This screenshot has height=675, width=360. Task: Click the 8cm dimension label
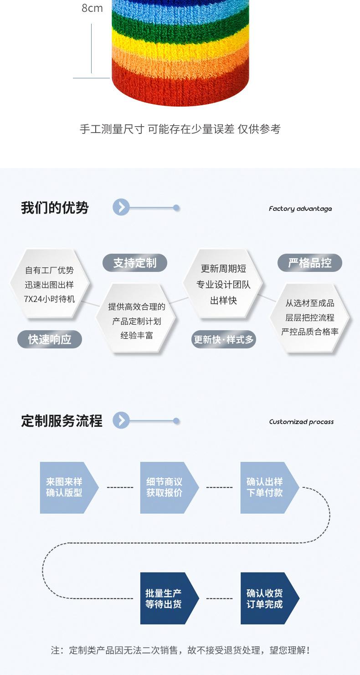tap(92, 8)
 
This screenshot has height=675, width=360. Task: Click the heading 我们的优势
tap(55, 208)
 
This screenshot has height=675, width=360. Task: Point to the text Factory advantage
tap(300, 209)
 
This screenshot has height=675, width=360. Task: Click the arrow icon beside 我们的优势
tap(121, 208)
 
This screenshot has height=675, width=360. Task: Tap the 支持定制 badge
tap(135, 263)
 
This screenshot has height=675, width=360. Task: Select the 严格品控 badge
tap(310, 263)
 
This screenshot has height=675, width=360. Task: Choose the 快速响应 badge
tap(50, 340)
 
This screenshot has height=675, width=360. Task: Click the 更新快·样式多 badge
tap(224, 340)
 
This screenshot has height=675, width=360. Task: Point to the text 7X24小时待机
tap(49, 299)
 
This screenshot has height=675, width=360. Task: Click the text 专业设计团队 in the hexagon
tap(224, 285)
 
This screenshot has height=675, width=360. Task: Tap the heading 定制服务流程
tap(62, 421)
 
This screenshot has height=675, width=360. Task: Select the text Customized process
tap(301, 422)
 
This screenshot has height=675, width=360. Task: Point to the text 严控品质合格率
tap(310, 332)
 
